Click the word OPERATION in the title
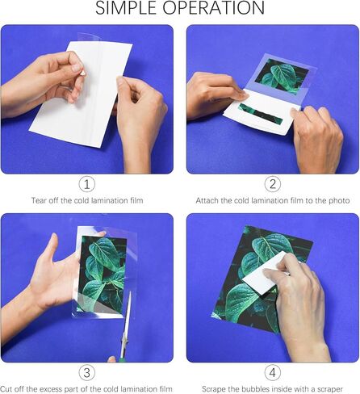tap(217, 9)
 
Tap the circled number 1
tap(87, 184)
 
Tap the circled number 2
tap(272, 184)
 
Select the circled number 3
tap(87, 372)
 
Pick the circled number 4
tap(272, 372)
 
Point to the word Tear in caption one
tap(39, 200)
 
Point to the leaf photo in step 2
tap(279, 77)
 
